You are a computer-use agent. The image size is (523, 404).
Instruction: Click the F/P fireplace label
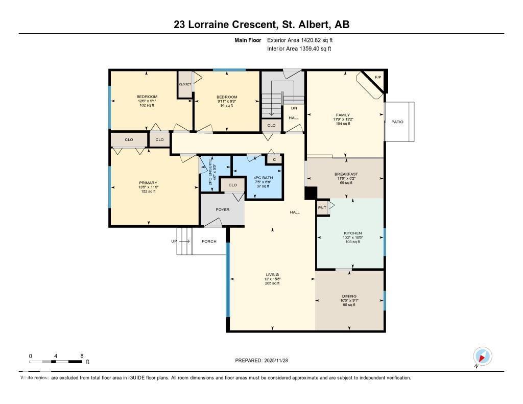tap(378, 77)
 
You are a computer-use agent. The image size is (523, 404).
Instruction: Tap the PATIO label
tap(397, 122)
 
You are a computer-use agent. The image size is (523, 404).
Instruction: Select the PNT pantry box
tap(322, 208)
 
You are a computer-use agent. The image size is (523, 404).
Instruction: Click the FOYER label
tap(223, 209)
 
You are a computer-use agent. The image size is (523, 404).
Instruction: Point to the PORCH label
tap(209, 241)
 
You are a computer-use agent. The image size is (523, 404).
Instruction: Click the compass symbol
tap(482, 356)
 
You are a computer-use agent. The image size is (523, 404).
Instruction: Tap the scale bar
tap(56, 362)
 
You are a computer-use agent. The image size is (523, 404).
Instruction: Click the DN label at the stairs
tap(294, 108)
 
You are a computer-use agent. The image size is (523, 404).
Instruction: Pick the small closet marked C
tap(274, 159)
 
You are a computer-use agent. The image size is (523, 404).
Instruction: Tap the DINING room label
tap(349, 296)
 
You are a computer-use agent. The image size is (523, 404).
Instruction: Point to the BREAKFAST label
tap(346, 174)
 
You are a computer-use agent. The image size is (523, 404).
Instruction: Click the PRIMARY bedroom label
tap(148, 183)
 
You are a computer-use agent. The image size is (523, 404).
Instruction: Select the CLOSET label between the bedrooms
tap(184, 84)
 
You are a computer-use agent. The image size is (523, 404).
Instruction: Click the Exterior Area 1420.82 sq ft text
tap(300, 40)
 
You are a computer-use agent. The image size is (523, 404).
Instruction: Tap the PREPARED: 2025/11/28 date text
tap(265, 360)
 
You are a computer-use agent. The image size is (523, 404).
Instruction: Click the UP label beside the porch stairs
tap(174, 241)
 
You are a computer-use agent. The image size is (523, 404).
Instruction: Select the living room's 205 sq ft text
tap(272, 283)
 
